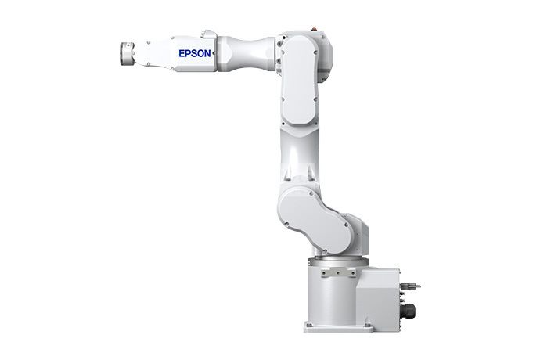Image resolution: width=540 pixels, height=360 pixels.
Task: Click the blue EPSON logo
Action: pos(195,53)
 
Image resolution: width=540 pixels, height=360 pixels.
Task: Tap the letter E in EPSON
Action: pos(182,53)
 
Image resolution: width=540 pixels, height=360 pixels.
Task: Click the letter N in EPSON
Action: pos(207,53)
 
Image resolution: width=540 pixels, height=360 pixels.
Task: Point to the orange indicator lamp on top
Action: pos(313,29)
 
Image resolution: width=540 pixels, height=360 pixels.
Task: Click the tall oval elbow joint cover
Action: pos(298,79)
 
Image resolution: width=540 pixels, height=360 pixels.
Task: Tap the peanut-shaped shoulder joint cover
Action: pos(315,220)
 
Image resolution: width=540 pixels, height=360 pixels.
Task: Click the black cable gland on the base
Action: pos(409,310)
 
